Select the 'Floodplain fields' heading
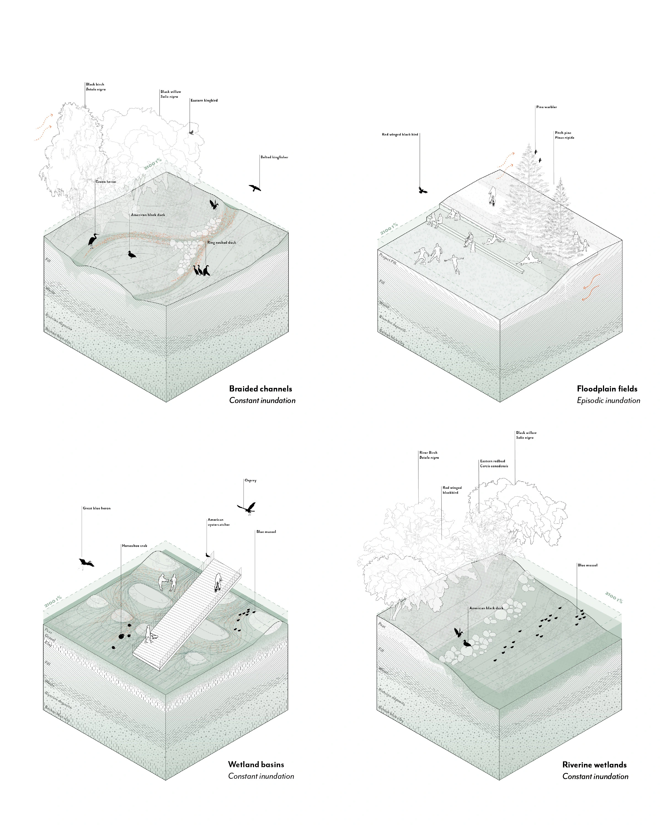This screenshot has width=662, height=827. pyautogui.click(x=607, y=389)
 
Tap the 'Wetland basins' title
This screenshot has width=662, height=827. pyautogui.click(x=256, y=764)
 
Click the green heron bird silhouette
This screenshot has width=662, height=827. pyautogui.click(x=93, y=240)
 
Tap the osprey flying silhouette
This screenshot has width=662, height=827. pyautogui.click(x=247, y=508)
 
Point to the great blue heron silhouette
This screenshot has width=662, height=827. pyautogui.click(x=86, y=563)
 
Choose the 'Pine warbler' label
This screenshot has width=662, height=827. pyautogui.click(x=546, y=107)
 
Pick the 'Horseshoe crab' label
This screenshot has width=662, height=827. pyautogui.click(x=134, y=546)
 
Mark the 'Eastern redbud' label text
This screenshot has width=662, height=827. pyautogui.click(x=492, y=461)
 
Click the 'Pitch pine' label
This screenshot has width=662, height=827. pyautogui.click(x=563, y=133)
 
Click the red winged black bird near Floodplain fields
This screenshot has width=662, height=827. pyautogui.click(x=423, y=190)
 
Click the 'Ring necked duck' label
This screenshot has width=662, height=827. pyautogui.click(x=221, y=242)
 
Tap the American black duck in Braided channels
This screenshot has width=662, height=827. pyautogui.click(x=132, y=254)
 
